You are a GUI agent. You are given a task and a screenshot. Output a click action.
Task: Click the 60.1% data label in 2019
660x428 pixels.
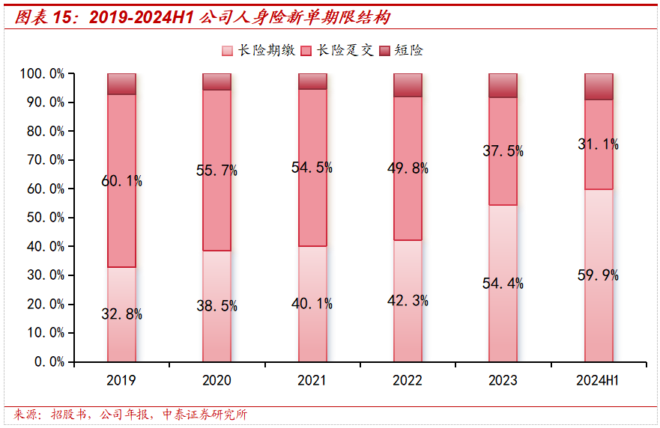coord(122,180)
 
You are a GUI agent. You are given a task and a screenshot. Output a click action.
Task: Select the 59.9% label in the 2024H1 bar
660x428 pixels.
coord(599,275)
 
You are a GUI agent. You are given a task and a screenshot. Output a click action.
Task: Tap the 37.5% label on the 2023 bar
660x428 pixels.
coord(503,150)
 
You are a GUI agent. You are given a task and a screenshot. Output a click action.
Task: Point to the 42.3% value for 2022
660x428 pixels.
coord(408,301)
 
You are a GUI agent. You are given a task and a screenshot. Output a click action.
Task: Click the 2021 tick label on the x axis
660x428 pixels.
coord(312,380)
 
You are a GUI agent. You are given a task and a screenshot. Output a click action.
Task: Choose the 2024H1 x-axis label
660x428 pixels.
coord(598,380)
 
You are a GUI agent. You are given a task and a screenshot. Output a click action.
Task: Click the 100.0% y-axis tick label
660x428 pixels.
coord(40,74)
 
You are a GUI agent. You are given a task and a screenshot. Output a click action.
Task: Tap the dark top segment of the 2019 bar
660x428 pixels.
coord(121,84)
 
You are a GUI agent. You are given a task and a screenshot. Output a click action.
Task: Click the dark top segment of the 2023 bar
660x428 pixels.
coord(503,85)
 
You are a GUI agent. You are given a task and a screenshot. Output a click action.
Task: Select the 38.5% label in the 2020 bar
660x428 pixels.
coord(217,305)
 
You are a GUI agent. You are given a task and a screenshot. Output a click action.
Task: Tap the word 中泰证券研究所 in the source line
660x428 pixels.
coord(205,415)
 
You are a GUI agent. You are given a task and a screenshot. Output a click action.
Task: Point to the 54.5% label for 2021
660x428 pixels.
coord(312,168)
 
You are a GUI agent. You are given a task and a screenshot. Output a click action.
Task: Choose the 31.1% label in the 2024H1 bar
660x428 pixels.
coord(599,144)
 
